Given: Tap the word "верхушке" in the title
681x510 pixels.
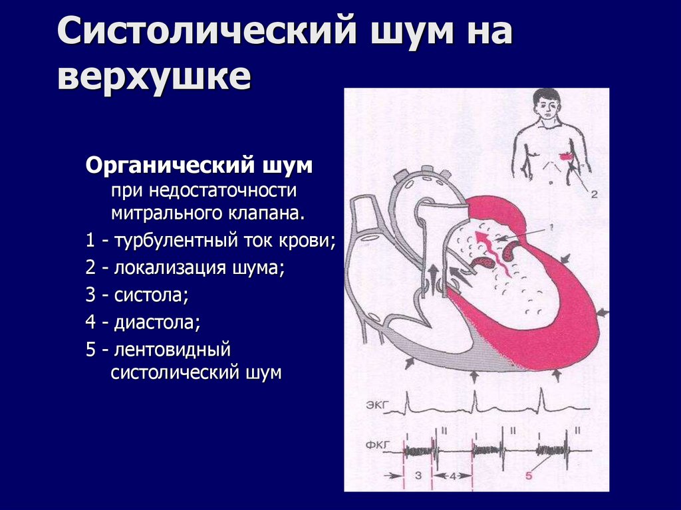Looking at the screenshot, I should point(154,77).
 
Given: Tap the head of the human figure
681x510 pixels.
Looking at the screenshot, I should point(547,104).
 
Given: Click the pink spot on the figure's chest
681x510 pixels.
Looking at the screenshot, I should point(566,157).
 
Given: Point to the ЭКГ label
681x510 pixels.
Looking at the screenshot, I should point(375,404).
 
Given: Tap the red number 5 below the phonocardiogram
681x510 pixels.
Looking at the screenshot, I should point(529,475).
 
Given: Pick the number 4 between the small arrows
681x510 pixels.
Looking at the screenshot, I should point(453,475).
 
